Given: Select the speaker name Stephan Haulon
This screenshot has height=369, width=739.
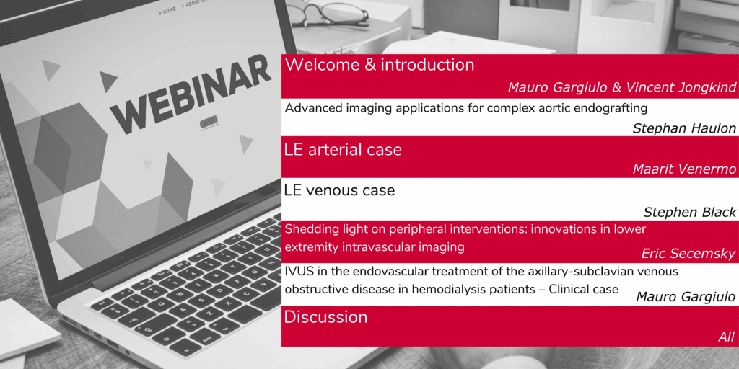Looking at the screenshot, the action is point(683,128).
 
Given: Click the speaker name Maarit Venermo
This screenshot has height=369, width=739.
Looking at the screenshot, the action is point(683,169).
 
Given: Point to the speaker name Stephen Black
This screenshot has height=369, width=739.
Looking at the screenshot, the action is point(689,213).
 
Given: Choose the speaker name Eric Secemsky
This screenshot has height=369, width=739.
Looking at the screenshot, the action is point(688,254).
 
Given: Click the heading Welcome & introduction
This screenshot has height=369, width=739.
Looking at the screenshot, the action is point(380,64).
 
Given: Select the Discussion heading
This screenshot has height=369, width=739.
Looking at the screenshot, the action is point(325,317).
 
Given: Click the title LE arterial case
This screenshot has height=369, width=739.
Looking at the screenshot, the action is point(343,149).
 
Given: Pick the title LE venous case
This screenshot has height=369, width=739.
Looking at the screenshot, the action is point(340,190).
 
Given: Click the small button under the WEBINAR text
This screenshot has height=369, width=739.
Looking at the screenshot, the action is point(209,122).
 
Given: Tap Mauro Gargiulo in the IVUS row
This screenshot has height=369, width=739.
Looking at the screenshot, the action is point(686,296).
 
